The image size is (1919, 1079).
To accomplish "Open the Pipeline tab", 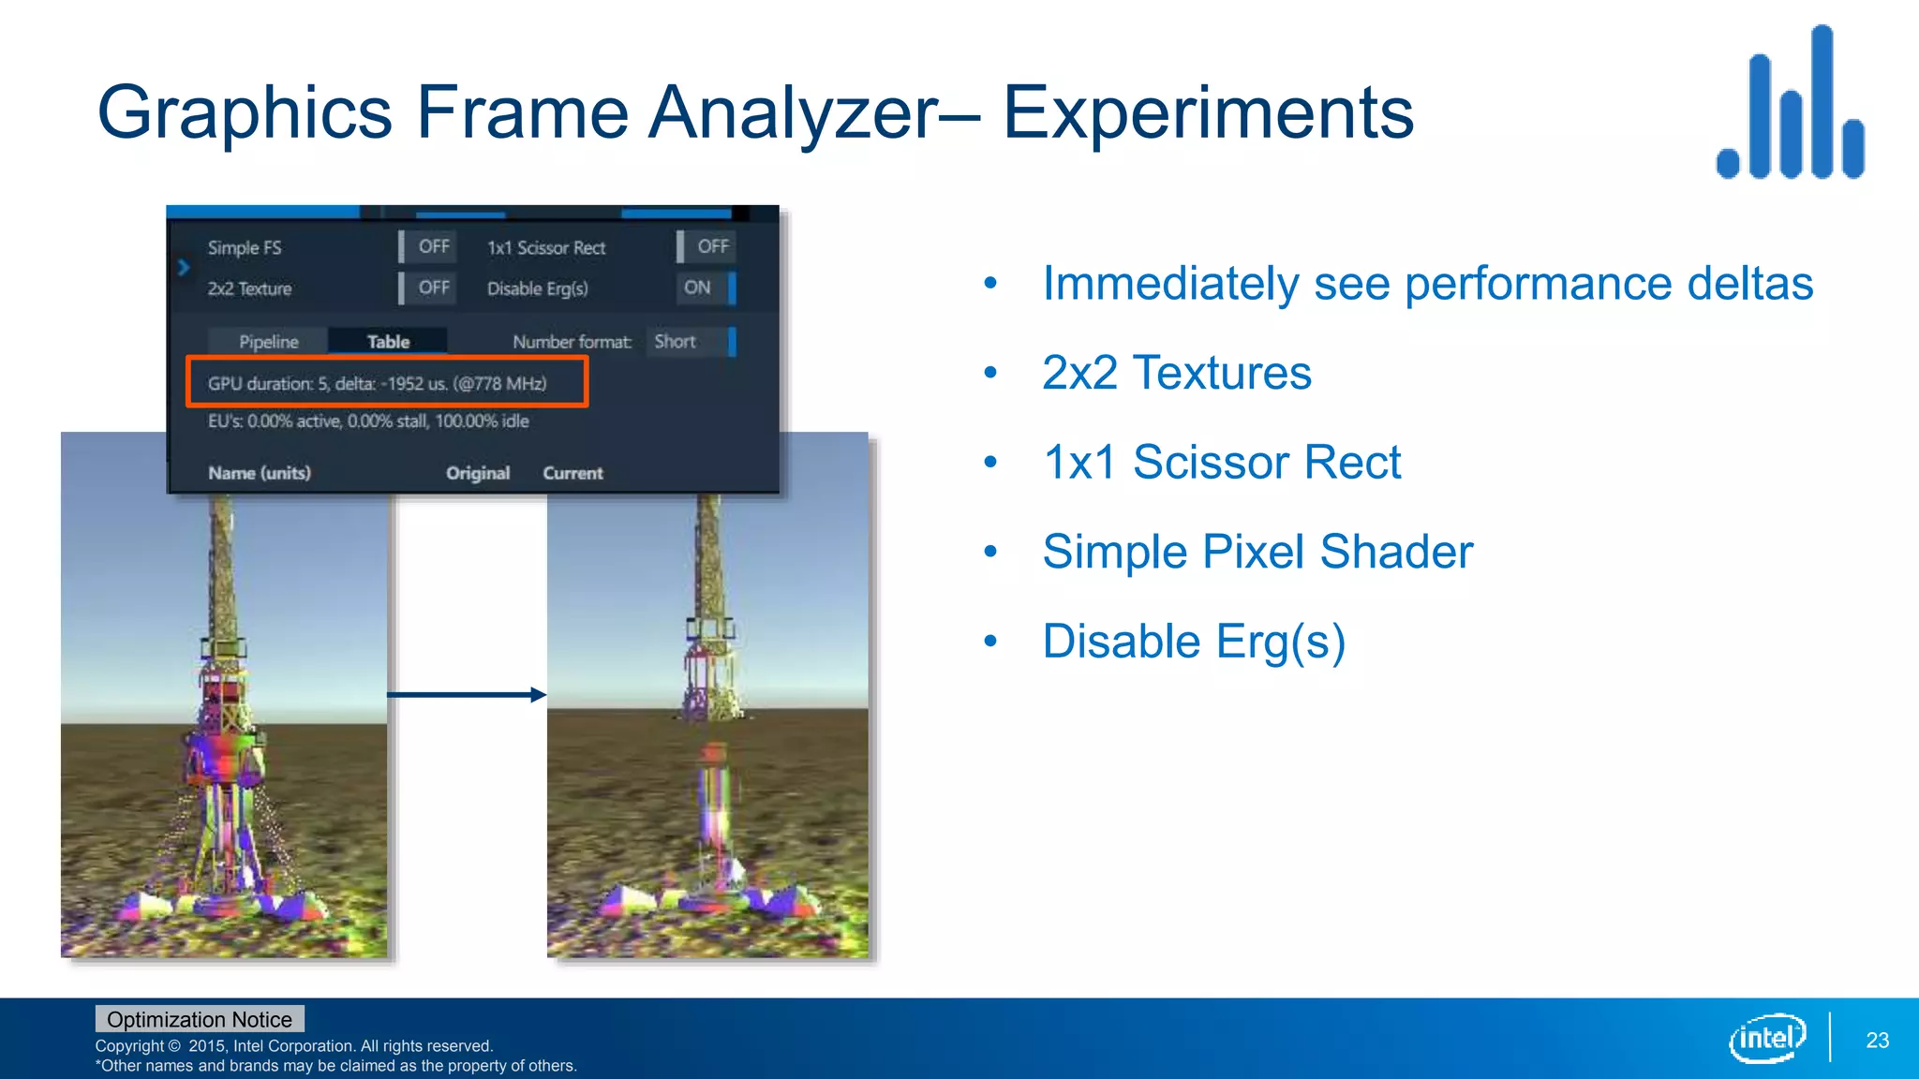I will [268, 342].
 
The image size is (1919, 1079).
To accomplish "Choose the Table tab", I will [388, 342].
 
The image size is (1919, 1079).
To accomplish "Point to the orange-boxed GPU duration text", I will [378, 383].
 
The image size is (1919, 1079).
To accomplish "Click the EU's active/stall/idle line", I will [368, 421].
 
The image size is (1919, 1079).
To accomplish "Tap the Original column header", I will [478, 473].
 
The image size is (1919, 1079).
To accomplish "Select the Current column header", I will [573, 473].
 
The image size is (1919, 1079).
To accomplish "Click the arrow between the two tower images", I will [466, 694].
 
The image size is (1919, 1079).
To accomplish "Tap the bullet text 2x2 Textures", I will [1176, 373].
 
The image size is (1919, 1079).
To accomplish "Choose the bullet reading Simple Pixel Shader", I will [1257, 552].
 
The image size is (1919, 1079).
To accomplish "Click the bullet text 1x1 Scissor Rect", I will [1221, 463].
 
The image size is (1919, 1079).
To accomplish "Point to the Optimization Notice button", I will [200, 1019].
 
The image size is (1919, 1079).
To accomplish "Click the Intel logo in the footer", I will [1766, 1038].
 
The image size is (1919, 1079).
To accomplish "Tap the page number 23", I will [1877, 1040].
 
